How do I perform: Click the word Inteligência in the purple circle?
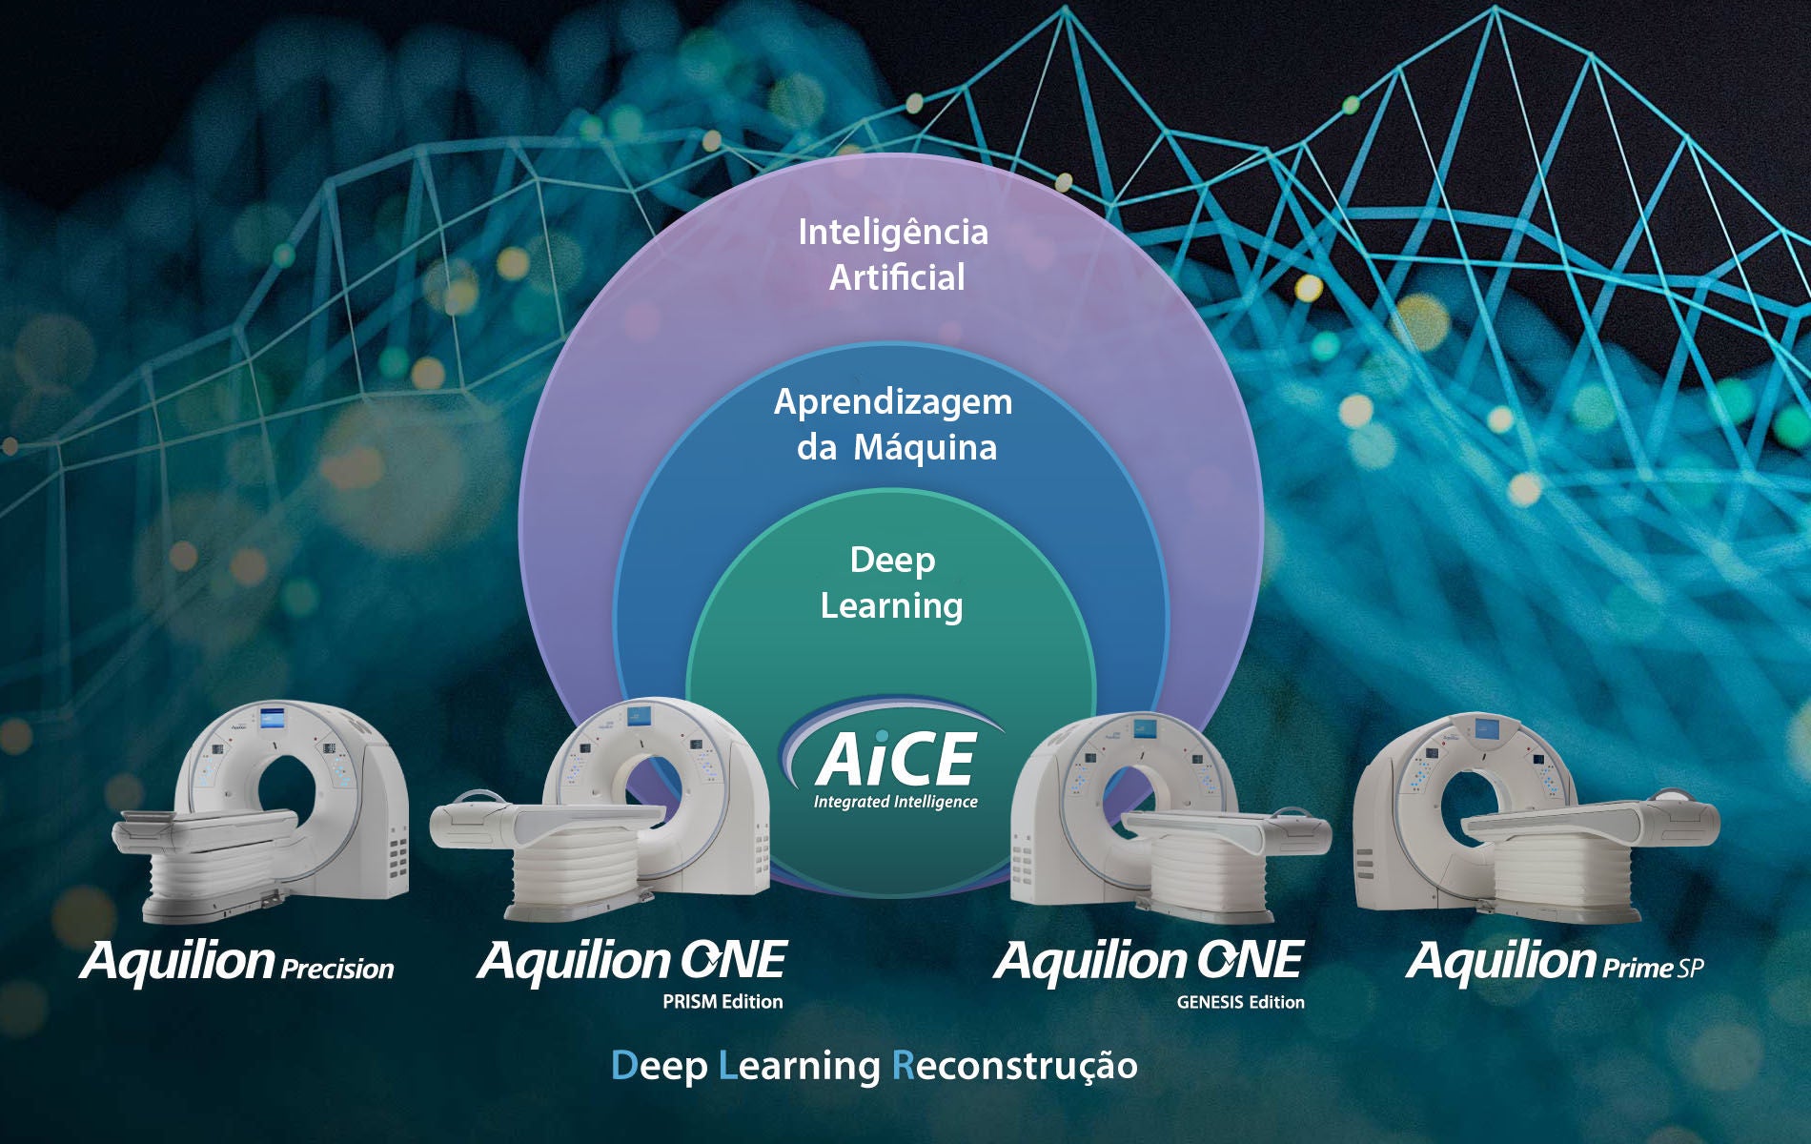893,232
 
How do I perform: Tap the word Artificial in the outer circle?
897,277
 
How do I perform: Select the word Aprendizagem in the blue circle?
893,403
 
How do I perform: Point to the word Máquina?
925,447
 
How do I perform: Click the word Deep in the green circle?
892,562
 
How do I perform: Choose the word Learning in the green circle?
892,606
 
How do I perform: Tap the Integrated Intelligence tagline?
896,802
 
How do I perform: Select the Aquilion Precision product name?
237,961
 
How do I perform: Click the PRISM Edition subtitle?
722,1002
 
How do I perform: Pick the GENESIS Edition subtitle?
1240,1002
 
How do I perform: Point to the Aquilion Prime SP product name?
1555,961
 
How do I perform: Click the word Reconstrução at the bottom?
1014,1066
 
